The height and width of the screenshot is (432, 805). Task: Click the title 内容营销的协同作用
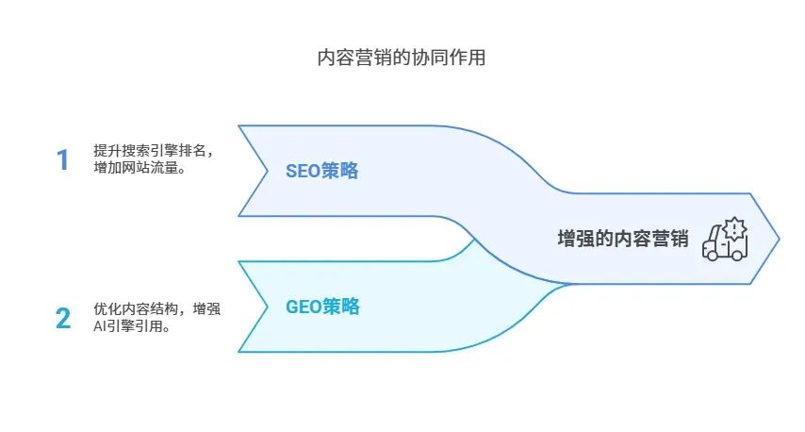tap(402, 58)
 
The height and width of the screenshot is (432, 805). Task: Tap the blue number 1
tap(63, 159)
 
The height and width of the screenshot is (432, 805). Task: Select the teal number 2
tap(63, 319)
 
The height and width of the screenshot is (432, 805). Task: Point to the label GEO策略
tap(322, 307)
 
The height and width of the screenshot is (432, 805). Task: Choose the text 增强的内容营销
tap(623, 239)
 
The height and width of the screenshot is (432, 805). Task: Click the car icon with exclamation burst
tap(724, 240)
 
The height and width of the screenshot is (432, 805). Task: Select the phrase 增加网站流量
tap(135, 169)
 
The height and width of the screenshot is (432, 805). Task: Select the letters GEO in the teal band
tap(304, 307)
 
